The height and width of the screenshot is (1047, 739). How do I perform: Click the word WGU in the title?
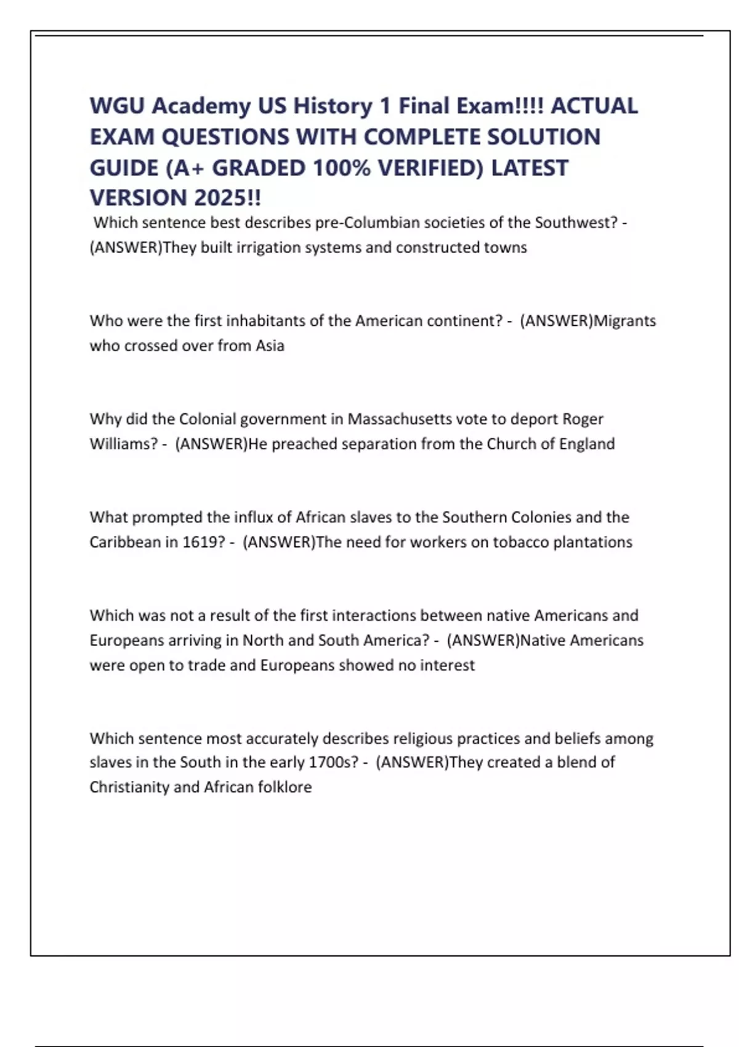click(x=116, y=106)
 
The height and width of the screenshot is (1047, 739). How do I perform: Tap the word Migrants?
click(x=624, y=321)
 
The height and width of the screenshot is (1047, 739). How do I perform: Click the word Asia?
click(x=270, y=346)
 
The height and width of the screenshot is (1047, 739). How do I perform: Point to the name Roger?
click(x=583, y=419)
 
